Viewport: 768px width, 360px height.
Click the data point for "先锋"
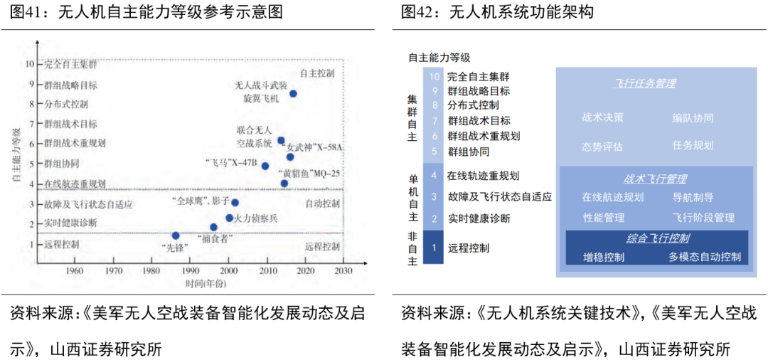coord(176,235)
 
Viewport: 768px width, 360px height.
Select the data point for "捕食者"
coord(213,227)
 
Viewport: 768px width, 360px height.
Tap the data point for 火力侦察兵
coord(229,218)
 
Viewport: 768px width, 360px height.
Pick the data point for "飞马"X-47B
coord(265,166)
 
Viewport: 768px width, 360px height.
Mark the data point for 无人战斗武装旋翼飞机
coord(293,93)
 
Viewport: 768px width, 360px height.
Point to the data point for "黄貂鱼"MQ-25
coord(284,184)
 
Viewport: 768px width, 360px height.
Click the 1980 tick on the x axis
coord(151,271)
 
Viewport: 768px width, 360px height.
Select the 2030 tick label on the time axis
coord(343,271)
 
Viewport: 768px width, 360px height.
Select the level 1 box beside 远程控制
coord(433,248)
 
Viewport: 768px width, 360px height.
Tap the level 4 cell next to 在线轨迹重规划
coord(433,175)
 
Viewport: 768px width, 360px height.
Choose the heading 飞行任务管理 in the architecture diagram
coord(644,83)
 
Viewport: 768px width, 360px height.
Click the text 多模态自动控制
coord(705,257)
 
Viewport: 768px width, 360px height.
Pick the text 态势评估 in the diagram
coord(602,147)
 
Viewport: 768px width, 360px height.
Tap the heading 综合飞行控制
coord(658,238)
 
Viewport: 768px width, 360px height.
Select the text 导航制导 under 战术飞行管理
coord(693,197)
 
